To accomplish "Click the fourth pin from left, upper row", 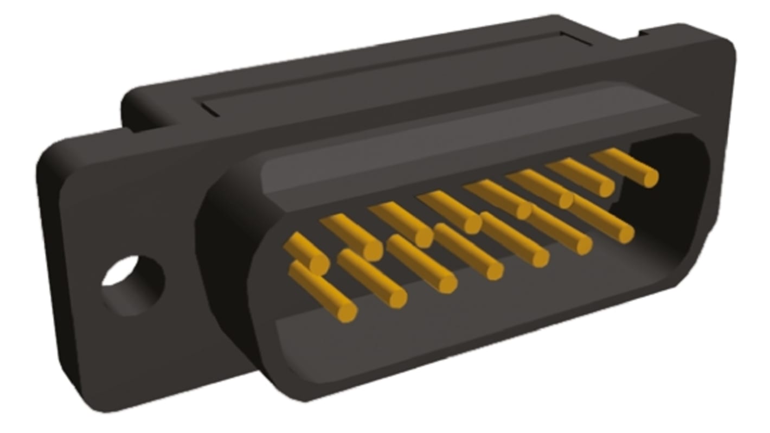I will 450,212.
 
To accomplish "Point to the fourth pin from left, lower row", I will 469,251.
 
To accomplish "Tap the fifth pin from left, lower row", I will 515,239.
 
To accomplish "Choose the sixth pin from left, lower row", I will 559,228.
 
